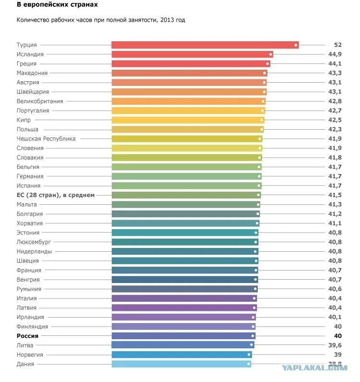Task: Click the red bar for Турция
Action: (204, 45)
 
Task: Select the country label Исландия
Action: (30, 54)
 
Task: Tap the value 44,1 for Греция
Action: (335, 63)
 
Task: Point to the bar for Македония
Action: (189, 73)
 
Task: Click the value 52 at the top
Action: (337, 45)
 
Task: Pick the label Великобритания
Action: (40, 101)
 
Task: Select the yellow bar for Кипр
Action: (187, 120)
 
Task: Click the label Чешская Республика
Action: (46, 138)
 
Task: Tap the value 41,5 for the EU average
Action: (335, 195)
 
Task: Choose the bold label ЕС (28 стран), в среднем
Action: (56, 195)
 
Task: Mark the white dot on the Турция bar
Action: (296, 45)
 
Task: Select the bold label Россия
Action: (27, 336)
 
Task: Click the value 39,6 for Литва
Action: (335, 345)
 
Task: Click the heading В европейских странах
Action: (57, 4)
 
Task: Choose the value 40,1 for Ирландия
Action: (335, 317)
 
